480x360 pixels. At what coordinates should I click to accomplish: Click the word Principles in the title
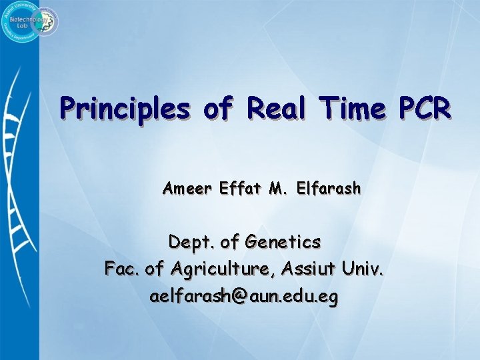coord(124,108)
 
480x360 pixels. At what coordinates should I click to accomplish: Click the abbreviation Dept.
coord(191,241)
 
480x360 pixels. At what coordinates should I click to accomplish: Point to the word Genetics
coord(283,241)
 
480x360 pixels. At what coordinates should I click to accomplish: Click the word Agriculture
coord(223,269)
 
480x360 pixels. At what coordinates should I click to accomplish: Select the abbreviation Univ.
coord(364,269)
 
